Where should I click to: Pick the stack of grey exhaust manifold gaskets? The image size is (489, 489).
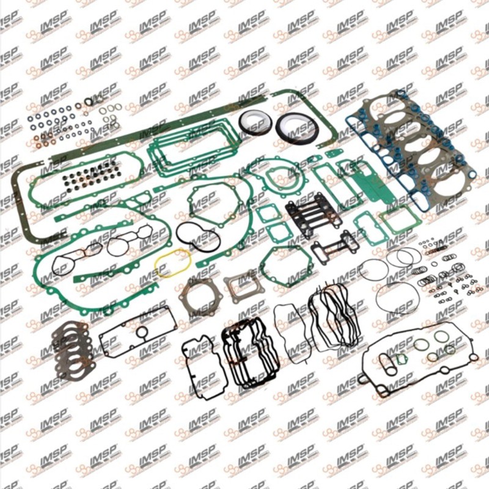click(72, 348)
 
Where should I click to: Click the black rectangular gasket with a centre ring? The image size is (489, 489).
click(138, 332)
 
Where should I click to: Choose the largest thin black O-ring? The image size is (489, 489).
click(397, 297)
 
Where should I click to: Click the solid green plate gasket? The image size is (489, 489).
click(368, 185)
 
